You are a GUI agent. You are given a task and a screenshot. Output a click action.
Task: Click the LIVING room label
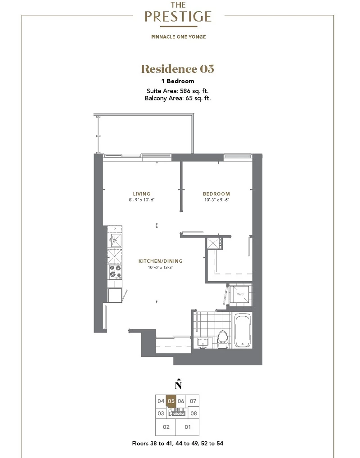coord(141,193)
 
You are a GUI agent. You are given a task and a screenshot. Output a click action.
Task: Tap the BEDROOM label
coord(216,193)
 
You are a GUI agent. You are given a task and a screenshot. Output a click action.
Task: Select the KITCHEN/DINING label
coord(160,261)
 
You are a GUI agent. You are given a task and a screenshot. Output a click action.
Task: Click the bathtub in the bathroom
coord(243,330)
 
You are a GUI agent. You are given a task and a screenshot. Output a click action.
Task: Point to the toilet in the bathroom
coord(223,339)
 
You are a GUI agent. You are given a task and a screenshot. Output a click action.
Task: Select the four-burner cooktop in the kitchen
coord(115,272)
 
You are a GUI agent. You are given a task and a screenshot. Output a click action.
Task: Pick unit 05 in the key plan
coord(171,401)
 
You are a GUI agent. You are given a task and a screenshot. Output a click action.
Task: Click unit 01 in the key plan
coord(188,427)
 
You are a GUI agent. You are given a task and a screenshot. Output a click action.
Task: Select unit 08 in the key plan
coord(193,413)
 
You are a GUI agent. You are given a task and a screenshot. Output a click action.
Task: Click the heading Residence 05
coord(178,69)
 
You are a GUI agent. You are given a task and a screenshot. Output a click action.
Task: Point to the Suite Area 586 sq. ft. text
coord(178,91)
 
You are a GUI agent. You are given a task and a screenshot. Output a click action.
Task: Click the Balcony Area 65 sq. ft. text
coord(178,98)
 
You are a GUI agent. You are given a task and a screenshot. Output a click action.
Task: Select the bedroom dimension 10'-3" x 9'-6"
coord(216,200)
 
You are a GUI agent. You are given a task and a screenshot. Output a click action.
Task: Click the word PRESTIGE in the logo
coord(178,16)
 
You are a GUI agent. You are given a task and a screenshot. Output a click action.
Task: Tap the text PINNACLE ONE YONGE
coord(179,37)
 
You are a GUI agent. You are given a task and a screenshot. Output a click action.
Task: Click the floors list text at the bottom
coord(178,444)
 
